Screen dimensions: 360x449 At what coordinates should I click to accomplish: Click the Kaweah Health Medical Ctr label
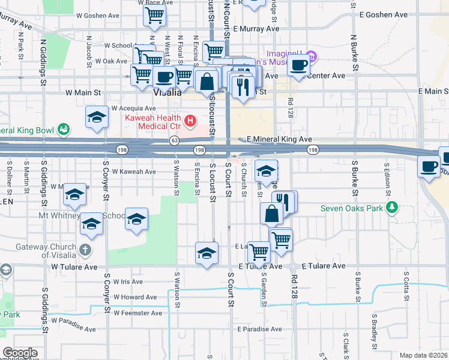152,122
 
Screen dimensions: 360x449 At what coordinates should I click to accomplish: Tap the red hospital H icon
190,122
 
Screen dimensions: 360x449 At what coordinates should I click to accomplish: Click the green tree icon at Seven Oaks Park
392,208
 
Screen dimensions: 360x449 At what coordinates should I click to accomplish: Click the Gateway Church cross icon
85,249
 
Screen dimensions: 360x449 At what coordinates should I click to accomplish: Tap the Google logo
20,353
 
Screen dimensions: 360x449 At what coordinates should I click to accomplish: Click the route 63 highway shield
174,140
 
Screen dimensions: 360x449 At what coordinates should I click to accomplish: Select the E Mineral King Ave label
279,139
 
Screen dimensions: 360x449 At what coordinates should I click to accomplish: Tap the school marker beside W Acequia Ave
97,118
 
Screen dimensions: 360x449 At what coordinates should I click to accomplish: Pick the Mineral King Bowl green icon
62,129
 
